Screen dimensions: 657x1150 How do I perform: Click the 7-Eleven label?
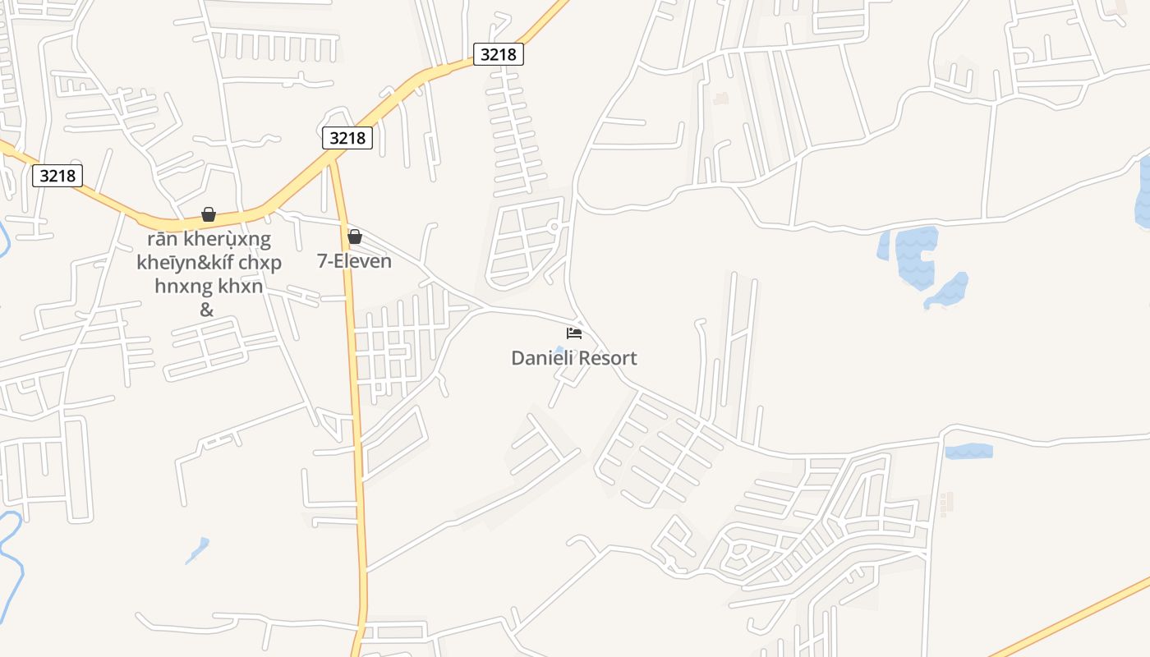click(x=354, y=261)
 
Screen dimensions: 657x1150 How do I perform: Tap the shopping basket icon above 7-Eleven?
click(x=355, y=237)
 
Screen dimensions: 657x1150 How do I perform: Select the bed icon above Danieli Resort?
click(x=574, y=333)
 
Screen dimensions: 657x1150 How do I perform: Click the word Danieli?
click(x=541, y=358)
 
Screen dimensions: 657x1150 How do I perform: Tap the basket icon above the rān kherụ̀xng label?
click(x=209, y=214)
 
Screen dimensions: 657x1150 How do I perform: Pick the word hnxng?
click(x=181, y=286)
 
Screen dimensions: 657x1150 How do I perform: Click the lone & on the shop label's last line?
click(x=207, y=310)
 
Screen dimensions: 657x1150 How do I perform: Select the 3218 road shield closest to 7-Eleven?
click(x=347, y=138)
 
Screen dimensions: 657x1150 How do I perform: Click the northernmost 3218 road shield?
click(x=498, y=54)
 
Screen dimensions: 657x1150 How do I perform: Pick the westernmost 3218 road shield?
click(x=57, y=175)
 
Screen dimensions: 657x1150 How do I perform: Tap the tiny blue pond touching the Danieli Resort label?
click(x=559, y=350)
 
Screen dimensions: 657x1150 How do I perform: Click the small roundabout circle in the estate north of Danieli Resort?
click(x=554, y=226)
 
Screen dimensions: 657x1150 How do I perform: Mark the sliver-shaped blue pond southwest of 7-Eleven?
click(x=197, y=549)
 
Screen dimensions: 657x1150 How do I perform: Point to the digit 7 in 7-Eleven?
click(x=322, y=261)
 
